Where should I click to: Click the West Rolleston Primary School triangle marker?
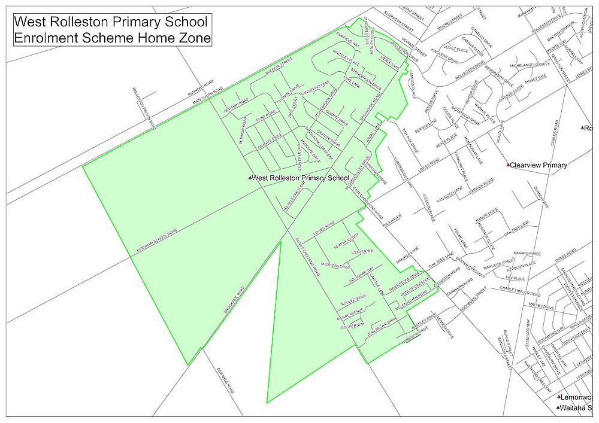click(250, 178)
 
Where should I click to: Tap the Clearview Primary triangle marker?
click(508, 165)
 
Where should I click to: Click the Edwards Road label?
click(224, 378)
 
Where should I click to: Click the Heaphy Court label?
click(346, 239)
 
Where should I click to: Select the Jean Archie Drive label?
click(383, 329)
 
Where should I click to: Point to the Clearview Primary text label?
click(538, 165)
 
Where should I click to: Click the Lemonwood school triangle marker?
click(558, 397)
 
